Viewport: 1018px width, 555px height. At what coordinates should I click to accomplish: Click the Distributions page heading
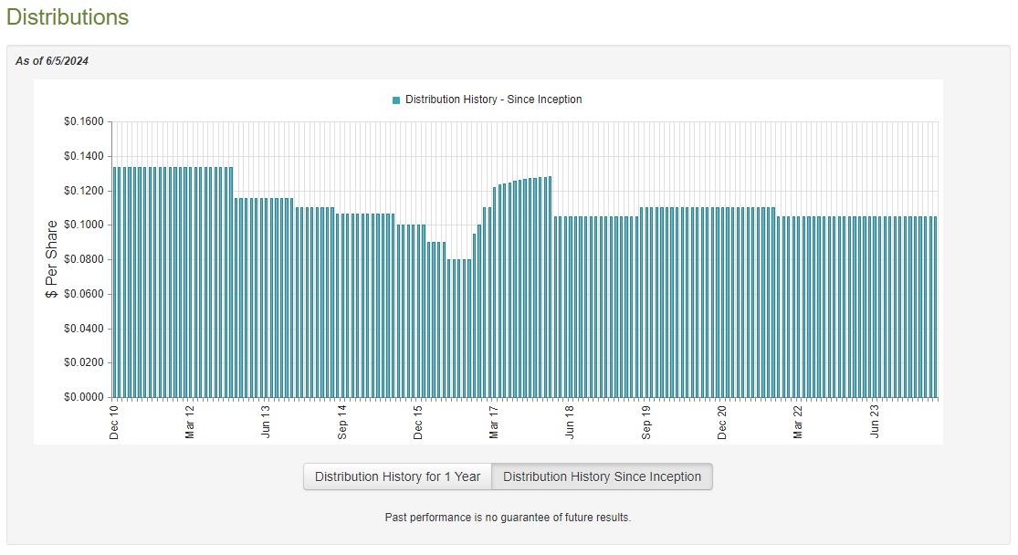(68, 17)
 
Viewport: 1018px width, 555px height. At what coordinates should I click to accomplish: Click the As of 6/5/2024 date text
(52, 61)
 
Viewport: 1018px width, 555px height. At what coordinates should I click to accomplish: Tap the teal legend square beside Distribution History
(396, 99)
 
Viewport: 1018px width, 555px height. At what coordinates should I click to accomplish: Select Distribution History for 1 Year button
(397, 476)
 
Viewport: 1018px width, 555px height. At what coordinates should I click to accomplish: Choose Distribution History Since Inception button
(602, 476)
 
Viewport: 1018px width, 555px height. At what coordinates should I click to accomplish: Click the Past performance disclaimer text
(508, 518)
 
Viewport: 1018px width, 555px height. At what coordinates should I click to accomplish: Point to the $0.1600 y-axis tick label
(83, 121)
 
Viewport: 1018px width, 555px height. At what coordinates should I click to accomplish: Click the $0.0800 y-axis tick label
(83, 259)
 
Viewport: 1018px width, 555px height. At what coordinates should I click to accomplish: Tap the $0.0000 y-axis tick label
(83, 397)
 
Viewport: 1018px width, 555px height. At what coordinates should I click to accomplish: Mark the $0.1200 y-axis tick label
(83, 191)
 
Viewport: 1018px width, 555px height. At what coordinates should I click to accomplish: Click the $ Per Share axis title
(52, 259)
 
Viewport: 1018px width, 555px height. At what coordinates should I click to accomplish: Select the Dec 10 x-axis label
(114, 422)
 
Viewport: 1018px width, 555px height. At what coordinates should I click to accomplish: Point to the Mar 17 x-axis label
(494, 422)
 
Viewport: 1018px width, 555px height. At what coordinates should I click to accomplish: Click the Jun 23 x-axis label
(875, 422)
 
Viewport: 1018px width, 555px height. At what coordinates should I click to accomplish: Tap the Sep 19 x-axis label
(646, 422)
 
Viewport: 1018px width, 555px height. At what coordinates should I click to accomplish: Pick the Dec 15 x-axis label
(418, 422)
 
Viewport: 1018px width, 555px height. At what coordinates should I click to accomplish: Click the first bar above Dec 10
(115, 283)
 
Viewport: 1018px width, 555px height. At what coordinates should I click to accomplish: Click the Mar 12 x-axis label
(190, 422)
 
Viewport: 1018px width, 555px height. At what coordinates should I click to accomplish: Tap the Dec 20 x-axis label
(722, 422)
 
